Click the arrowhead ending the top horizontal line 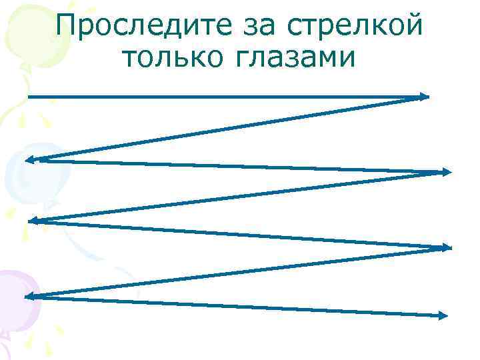coord(424,97)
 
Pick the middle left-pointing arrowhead coord(33,221)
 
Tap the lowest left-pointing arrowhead coord(30,295)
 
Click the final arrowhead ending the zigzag coord(442,316)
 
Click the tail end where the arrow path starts coord(29,97)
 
